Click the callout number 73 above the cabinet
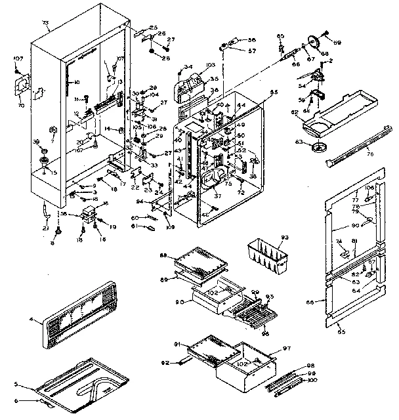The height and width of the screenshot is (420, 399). coord(45,23)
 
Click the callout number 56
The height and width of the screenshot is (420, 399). coord(251,39)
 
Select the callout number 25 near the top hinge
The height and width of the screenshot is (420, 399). coord(154,27)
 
